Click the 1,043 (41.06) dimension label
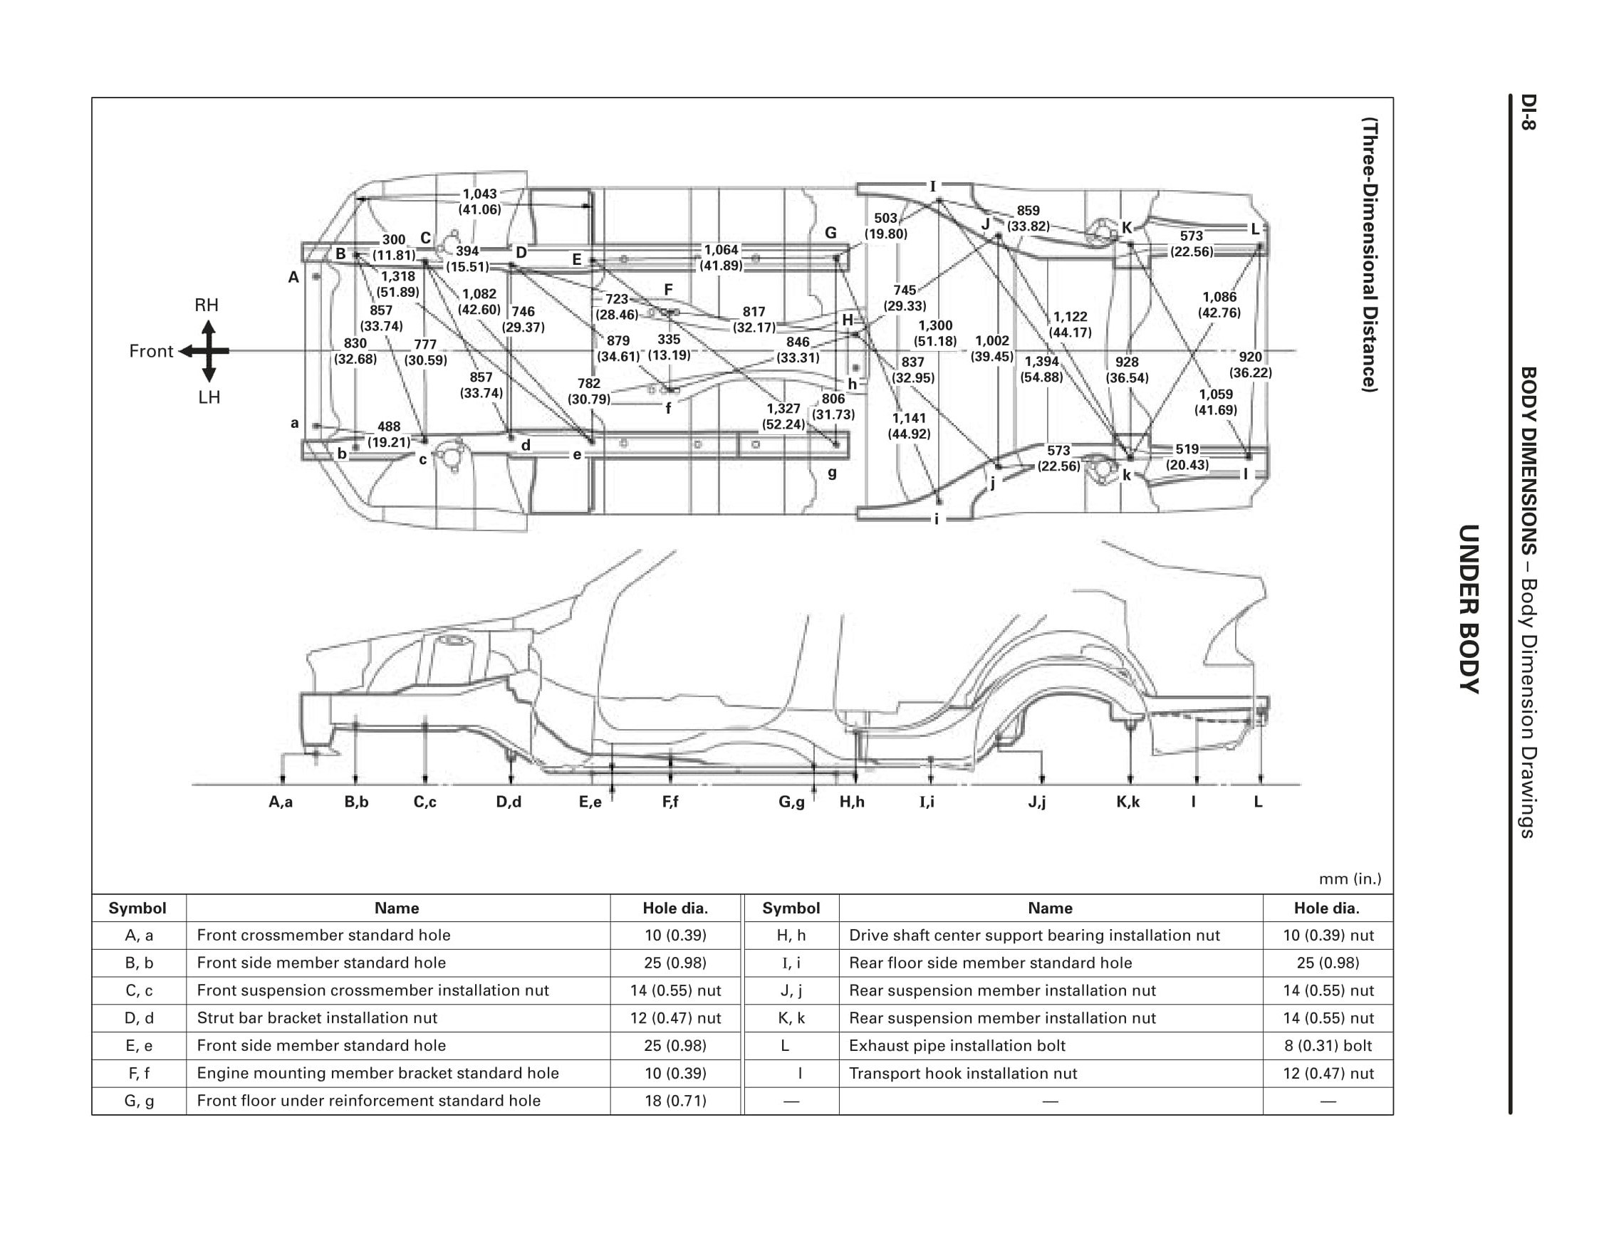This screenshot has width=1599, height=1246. click(x=479, y=201)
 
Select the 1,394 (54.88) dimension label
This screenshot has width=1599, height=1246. click(x=1041, y=369)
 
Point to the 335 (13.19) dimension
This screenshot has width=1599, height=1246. click(x=669, y=347)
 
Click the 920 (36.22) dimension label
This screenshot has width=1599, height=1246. click(x=1250, y=364)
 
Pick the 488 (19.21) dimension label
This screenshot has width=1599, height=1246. click(x=389, y=434)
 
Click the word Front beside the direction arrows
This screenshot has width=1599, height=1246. click(x=151, y=352)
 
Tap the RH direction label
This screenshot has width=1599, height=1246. click(x=207, y=305)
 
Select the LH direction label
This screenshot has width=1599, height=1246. click(x=209, y=397)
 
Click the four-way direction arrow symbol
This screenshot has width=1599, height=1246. click(x=208, y=352)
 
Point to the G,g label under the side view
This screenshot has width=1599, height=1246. click(x=791, y=802)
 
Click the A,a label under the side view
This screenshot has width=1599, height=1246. click(x=281, y=802)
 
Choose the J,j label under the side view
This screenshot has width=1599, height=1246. click(x=1037, y=802)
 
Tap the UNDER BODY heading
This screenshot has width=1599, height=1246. click(x=1469, y=608)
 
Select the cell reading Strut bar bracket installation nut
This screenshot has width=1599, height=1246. click(x=317, y=1017)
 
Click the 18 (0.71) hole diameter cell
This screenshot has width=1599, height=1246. click(x=675, y=1100)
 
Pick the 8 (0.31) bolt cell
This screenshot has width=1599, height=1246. click(x=1328, y=1045)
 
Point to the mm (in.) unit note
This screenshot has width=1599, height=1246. click(x=1349, y=879)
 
